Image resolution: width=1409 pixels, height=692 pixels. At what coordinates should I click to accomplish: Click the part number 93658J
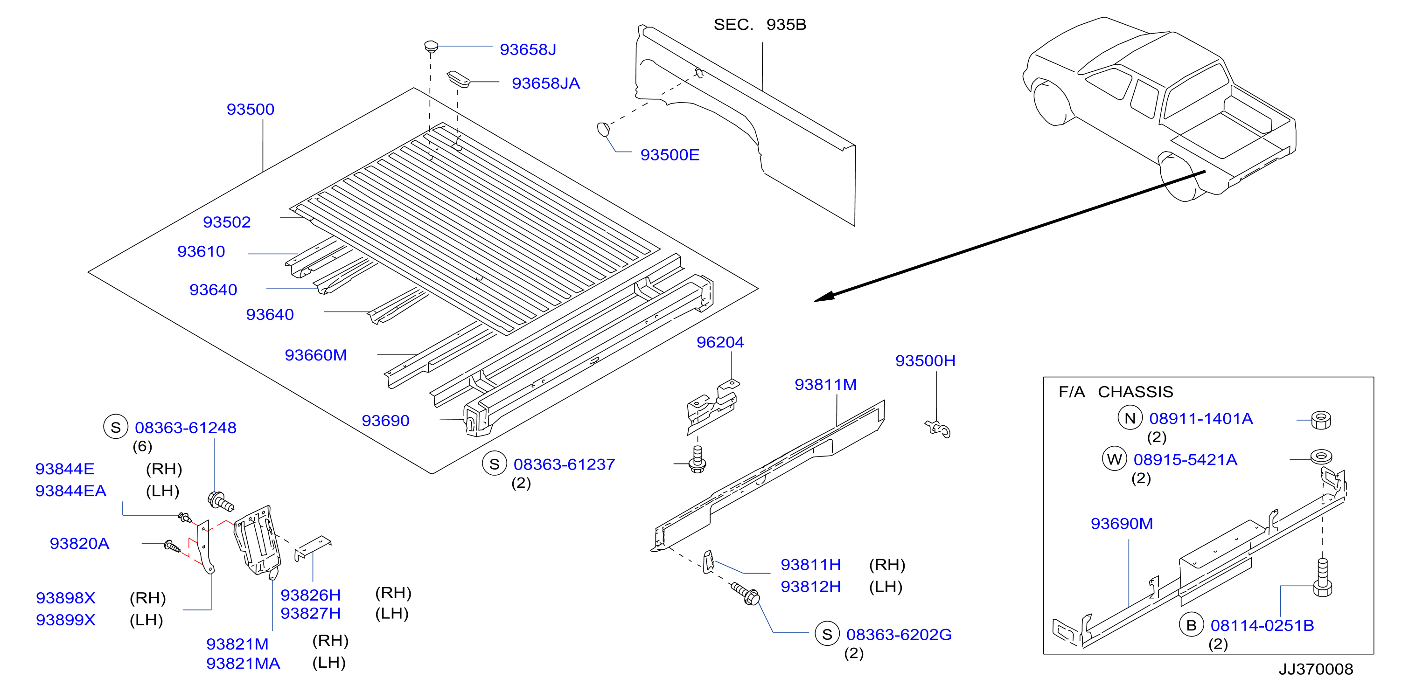528,50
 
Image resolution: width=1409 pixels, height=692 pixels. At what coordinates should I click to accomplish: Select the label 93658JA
545,83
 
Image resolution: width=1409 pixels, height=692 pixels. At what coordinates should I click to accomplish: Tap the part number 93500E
670,155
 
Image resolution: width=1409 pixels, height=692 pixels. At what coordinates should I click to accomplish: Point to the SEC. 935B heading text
760,25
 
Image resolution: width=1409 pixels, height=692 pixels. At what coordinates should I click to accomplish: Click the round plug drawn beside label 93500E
603,130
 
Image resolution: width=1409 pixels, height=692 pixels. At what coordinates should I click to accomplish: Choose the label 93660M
315,355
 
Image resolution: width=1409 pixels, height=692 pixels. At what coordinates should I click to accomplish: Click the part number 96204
720,342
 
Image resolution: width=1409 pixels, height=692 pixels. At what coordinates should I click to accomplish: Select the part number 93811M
825,385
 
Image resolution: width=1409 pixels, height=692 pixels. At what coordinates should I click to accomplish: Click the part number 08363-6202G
899,635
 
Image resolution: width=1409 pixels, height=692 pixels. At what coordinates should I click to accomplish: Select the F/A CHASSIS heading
1116,392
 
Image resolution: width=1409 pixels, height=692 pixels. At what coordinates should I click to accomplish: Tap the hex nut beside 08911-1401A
1321,420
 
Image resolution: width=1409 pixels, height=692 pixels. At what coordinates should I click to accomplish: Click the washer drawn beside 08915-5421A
1321,456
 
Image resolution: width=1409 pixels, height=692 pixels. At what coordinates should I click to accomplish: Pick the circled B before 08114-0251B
1191,625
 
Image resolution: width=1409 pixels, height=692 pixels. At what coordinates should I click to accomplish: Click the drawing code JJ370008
1316,669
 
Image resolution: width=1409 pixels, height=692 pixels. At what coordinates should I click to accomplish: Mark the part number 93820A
79,544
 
